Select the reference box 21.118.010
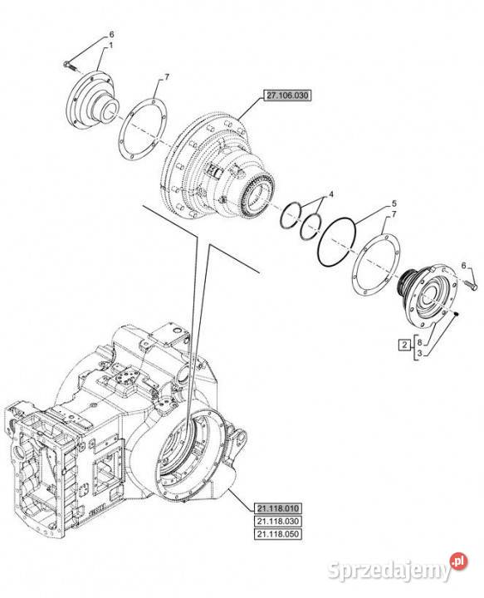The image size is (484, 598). tap(278, 508)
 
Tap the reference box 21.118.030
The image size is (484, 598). tap(278, 522)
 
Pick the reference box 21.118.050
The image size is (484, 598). tap(278, 534)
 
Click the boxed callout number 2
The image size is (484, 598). tap(404, 346)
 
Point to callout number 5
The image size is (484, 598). tap(394, 203)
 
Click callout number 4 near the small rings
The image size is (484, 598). tap(331, 194)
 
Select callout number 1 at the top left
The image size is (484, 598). tap(111, 46)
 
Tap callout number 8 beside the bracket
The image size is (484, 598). tap(419, 341)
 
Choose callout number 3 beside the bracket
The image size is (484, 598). tap(419, 354)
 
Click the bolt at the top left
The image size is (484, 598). tap(70, 66)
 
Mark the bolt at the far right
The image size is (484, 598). tap(472, 285)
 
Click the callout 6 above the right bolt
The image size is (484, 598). tap(464, 266)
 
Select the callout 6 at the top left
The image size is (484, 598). tap(112, 34)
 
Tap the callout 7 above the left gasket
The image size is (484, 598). tap(167, 77)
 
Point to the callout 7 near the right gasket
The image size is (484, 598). tap(394, 215)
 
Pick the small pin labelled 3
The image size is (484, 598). tap(456, 313)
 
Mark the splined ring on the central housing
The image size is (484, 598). tap(258, 194)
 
